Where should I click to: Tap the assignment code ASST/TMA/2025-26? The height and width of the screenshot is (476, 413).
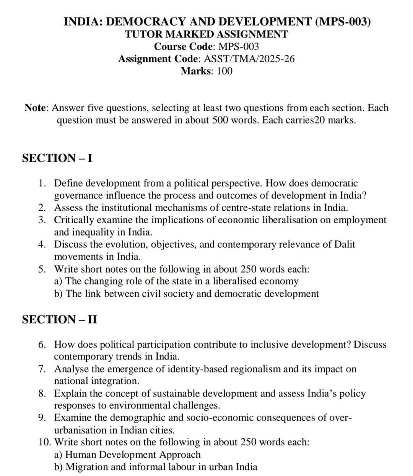(x=250, y=59)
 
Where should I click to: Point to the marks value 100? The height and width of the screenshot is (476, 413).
(x=224, y=71)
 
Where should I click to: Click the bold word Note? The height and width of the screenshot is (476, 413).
(x=36, y=108)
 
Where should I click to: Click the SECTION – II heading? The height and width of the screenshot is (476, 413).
(x=60, y=319)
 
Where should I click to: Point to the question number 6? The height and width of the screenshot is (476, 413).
(x=43, y=344)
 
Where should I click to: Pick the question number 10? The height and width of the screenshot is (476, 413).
(x=45, y=442)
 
